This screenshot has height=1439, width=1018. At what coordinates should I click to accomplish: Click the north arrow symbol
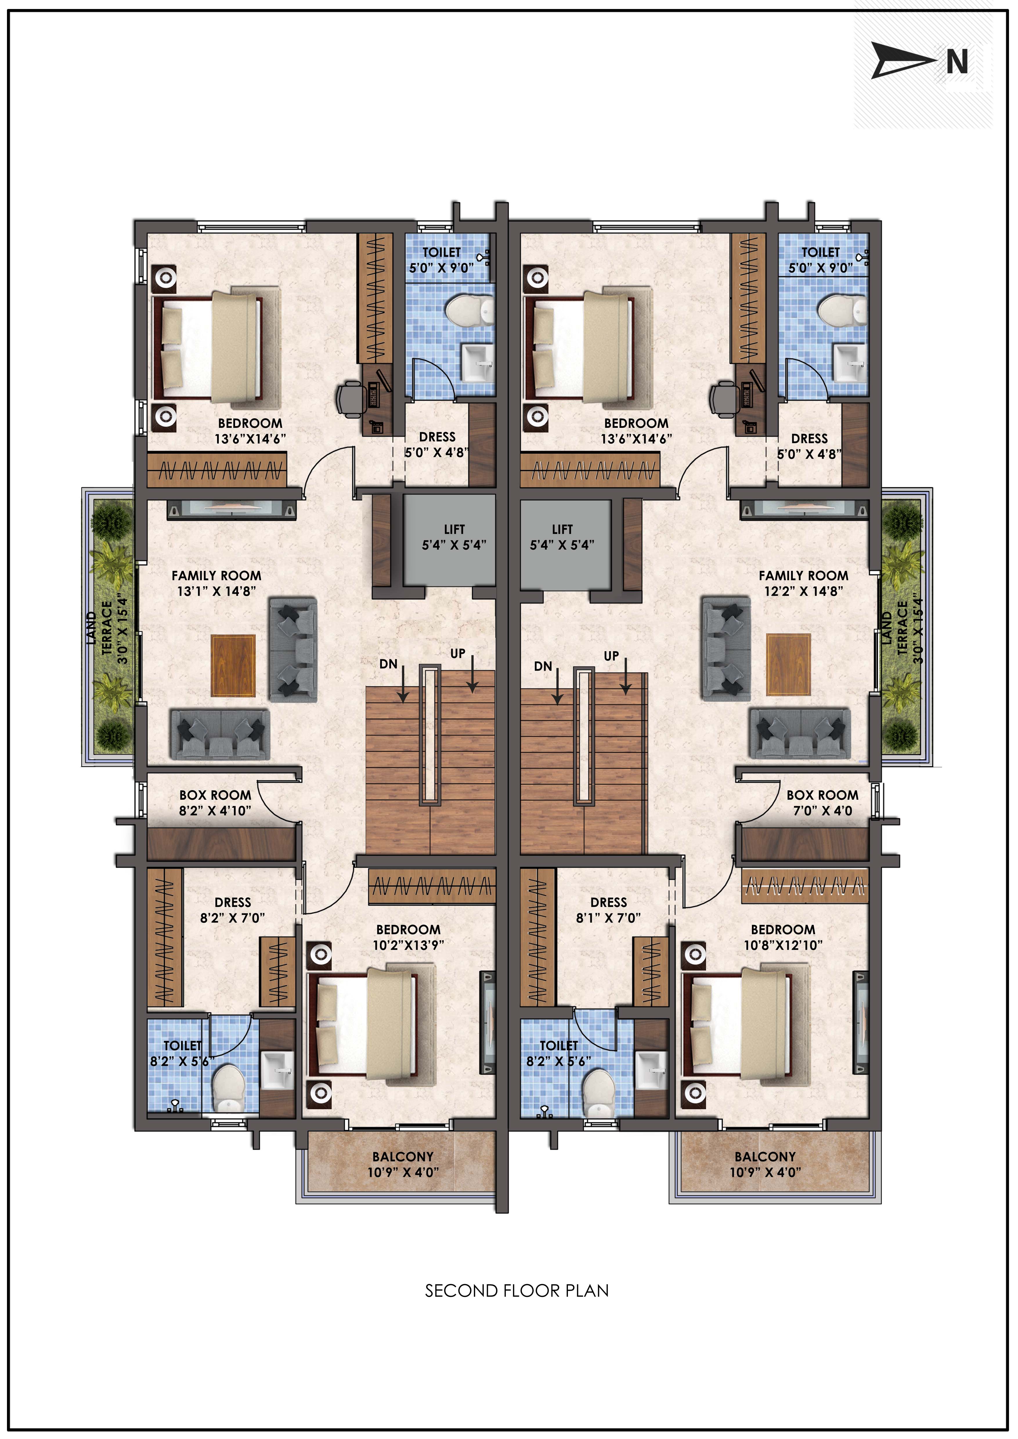[903, 61]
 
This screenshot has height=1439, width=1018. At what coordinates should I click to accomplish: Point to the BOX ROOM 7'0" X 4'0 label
[822, 802]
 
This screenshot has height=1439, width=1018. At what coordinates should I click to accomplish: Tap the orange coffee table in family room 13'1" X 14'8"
[233, 666]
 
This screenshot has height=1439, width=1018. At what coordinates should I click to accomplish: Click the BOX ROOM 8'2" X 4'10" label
[215, 802]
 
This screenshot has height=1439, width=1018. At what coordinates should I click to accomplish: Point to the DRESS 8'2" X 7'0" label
[232, 910]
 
